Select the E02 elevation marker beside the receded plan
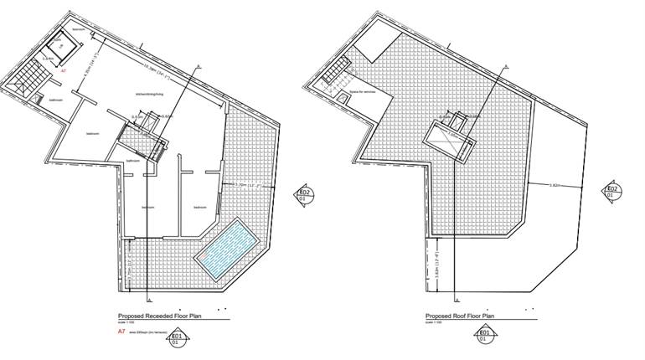[x=306, y=196]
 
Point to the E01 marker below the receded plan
[x=176, y=339]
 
